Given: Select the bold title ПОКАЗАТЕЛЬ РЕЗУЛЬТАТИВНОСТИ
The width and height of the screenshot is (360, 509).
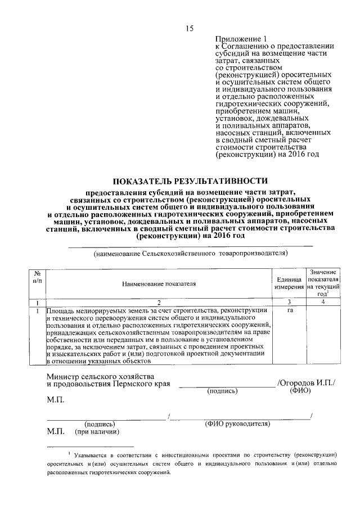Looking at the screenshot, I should (190, 181).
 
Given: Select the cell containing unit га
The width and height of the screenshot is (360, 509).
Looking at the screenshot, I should (289, 310).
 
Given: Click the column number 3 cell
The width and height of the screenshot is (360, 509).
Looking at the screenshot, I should (289, 303).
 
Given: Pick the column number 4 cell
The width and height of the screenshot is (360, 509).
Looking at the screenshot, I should (323, 303).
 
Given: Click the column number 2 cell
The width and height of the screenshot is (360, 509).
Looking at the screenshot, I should (159, 303).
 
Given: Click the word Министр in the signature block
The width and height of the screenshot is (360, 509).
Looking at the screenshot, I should (63, 375).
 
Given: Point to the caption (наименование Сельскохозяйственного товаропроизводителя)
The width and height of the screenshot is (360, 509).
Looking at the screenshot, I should (191, 254).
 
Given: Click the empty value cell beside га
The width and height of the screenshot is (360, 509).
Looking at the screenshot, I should (323, 335).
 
